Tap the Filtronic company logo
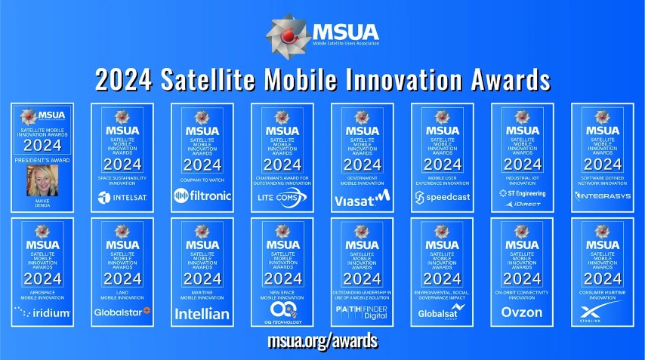[x=202, y=197]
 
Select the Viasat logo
[x=362, y=198]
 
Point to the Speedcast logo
[x=442, y=198]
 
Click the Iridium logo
[x=42, y=312]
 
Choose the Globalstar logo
[x=122, y=312]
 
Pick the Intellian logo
[x=202, y=313]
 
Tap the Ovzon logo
[x=522, y=312]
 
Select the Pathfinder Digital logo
[x=362, y=312]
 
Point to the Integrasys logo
[x=602, y=197]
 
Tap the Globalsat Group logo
[x=442, y=312]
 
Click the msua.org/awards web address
[x=322, y=341]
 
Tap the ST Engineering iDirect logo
[x=522, y=198]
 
